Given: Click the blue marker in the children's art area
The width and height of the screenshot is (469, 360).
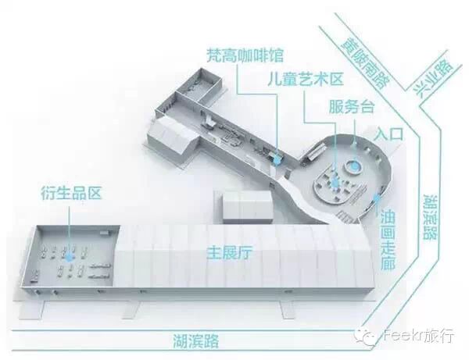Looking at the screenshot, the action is (337, 182).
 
